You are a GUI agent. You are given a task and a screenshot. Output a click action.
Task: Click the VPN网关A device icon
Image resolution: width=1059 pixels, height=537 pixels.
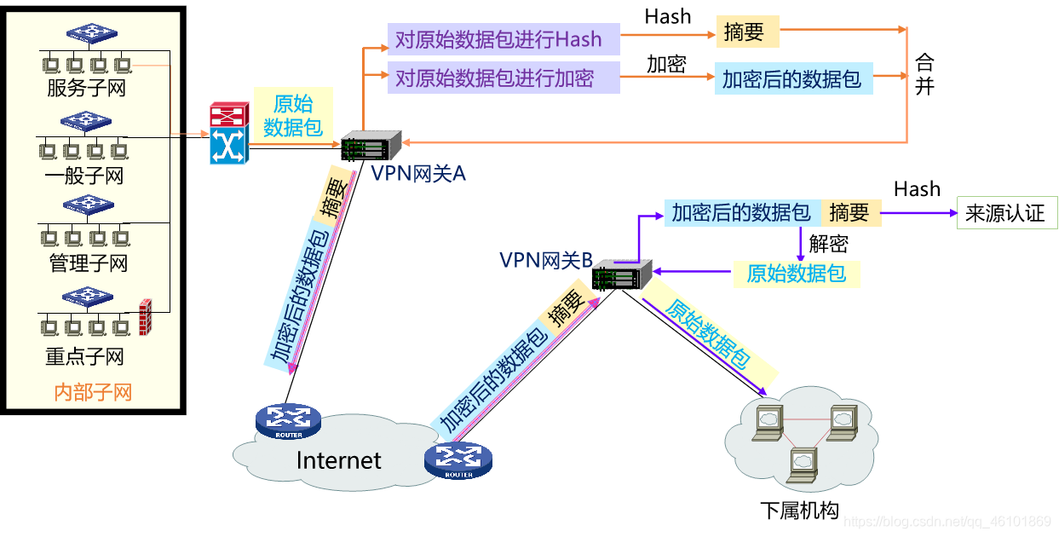(x=371, y=147)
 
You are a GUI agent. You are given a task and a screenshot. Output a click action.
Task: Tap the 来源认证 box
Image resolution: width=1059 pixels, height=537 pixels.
(x=1005, y=213)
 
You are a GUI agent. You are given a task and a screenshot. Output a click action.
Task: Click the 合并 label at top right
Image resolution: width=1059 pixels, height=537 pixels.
(x=924, y=74)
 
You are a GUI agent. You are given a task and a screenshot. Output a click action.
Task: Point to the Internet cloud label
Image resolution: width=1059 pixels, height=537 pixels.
(x=338, y=460)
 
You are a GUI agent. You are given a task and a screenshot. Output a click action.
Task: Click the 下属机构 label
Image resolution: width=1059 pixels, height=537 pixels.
(x=799, y=511)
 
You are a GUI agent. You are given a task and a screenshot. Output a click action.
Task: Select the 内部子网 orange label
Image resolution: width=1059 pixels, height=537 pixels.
(x=93, y=392)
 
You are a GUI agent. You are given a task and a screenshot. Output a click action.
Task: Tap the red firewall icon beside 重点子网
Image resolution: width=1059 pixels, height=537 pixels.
(x=145, y=317)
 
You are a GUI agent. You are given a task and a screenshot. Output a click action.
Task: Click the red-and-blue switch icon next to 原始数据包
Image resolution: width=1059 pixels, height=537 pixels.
(x=227, y=134)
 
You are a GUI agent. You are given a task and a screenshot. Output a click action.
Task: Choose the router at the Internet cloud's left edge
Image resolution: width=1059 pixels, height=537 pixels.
(x=288, y=419)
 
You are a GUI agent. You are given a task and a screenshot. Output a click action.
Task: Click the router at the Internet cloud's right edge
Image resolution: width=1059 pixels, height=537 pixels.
(x=458, y=460)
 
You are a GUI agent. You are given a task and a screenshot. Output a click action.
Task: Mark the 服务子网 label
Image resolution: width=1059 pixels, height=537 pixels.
(x=86, y=88)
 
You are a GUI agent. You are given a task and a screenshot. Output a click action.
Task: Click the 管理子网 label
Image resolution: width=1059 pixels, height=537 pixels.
(x=88, y=263)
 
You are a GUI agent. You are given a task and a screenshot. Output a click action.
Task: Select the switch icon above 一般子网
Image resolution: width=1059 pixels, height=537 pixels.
(x=87, y=121)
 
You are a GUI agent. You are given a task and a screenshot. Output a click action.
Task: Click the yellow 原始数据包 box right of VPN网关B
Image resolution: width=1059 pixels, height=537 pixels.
(x=796, y=274)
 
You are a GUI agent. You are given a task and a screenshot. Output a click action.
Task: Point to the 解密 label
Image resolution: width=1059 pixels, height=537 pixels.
(x=828, y=244)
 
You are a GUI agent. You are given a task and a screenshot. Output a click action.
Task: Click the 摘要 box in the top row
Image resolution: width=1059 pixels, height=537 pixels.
(x=747, y=32)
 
